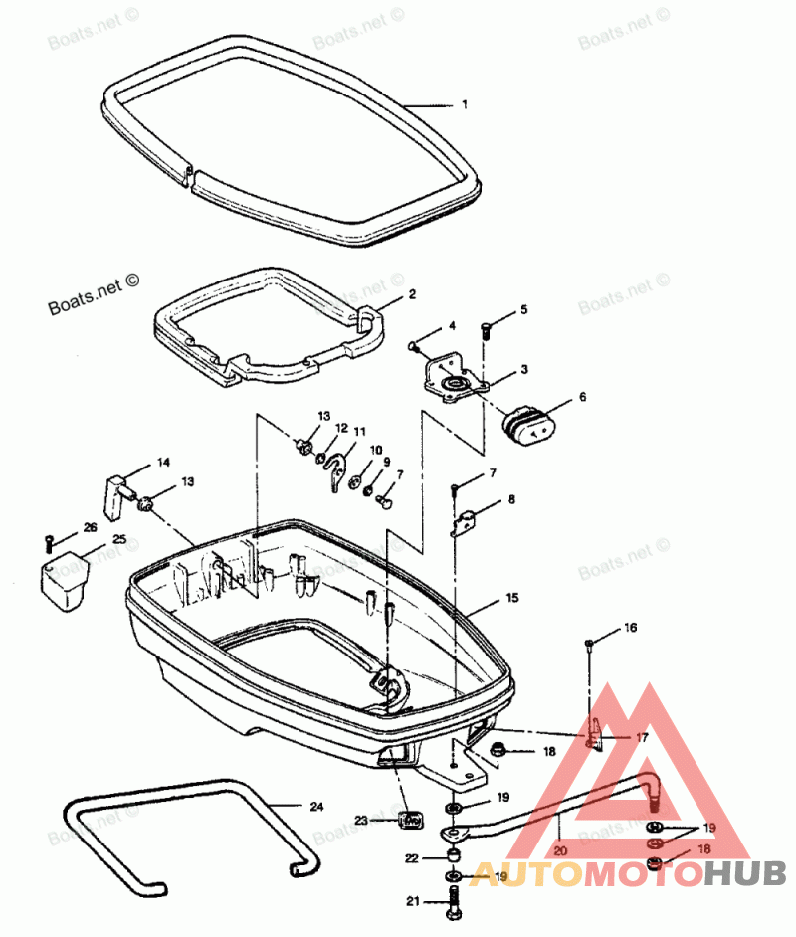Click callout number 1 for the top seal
point(464,104)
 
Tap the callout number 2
point(411,295)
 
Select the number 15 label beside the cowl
point(512,598)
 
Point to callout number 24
point(316,807)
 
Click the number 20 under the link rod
point(559,851)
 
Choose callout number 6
point(582,397)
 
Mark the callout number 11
point(359,433)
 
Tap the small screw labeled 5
point(486,327)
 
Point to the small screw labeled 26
point(48,542)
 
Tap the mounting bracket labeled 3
point(455,381)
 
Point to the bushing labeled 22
point(452,856)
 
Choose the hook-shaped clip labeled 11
point(338,469)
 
